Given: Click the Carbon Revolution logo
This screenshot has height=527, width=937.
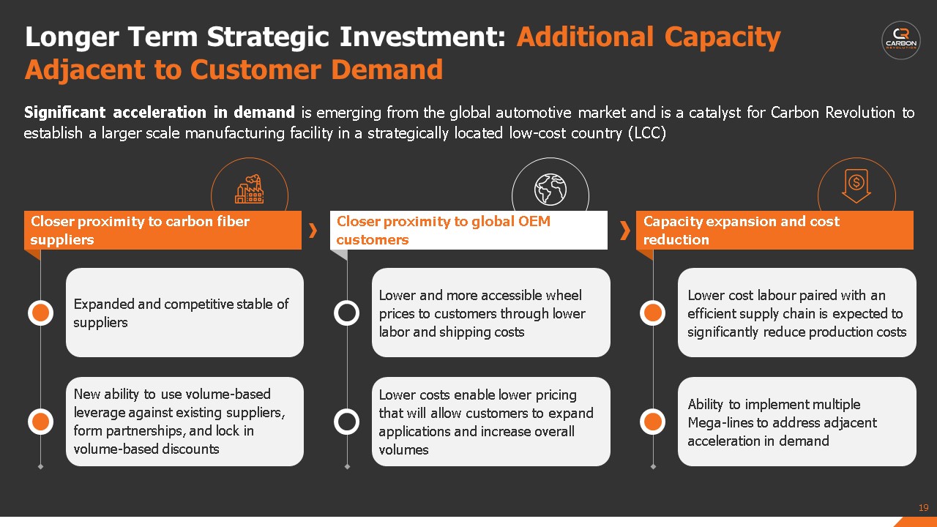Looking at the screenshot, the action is click(901, 40).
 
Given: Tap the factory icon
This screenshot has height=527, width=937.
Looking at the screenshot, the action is click(250, 189).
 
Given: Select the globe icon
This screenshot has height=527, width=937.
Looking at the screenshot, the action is click(550, 189).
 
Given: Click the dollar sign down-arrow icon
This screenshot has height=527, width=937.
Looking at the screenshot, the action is click(856, 186).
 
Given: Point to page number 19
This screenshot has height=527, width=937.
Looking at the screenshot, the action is click(924, 508).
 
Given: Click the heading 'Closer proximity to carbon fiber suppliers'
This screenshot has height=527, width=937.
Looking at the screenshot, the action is click(140, 230).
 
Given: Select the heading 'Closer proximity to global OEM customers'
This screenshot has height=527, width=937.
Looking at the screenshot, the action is click(444, 230).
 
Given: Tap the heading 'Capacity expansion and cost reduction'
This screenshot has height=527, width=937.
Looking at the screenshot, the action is click(742, 230).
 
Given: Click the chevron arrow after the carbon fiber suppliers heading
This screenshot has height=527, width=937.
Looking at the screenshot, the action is click(313, 231).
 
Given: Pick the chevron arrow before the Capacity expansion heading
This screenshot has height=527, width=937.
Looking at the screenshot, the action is click(625, 231).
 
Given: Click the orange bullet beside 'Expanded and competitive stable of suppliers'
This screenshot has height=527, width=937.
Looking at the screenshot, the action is click(40, 313).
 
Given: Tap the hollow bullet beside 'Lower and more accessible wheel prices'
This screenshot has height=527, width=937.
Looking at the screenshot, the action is click(347, 313).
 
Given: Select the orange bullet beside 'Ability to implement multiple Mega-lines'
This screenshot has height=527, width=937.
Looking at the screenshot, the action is click(652, 422).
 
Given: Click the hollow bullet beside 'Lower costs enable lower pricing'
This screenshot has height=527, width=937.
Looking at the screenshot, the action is click(347, 422).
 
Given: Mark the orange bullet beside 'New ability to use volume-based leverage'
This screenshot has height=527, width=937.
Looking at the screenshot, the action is click(40, 422).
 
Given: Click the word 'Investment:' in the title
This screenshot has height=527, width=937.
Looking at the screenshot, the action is click(423, 37).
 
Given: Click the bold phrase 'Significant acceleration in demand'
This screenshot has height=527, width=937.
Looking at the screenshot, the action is click(160, 112).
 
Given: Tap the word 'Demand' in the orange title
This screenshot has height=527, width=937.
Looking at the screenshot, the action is click(387, 70).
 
